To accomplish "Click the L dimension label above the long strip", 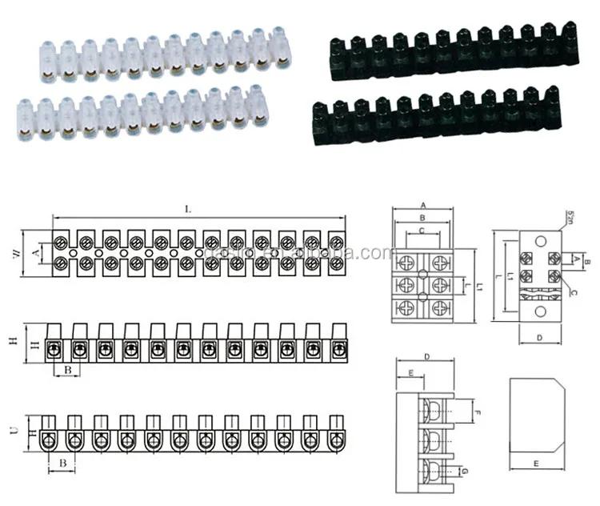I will (x=188, y=209).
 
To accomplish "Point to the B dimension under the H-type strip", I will (x=68, y=370).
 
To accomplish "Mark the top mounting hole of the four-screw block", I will (x=540, y=239).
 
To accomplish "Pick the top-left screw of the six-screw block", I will (x=408, y=262).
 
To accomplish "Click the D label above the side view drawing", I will (x=428, y=355).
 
